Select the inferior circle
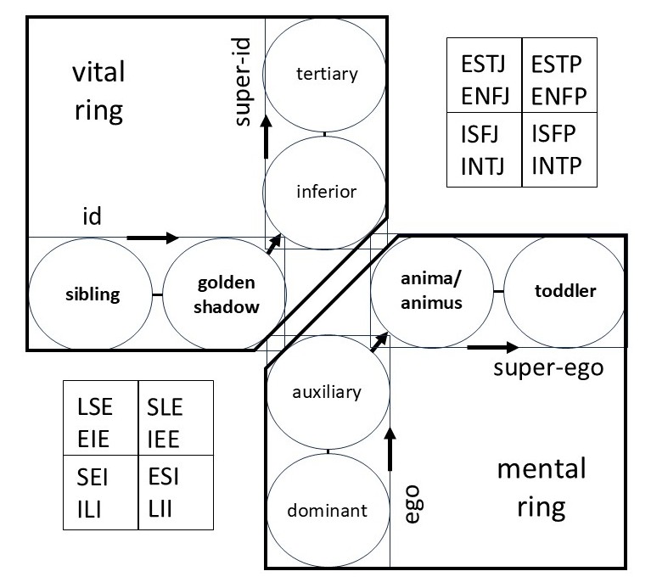[x=326, y=191]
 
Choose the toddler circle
[x=565, y=291]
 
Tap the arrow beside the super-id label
[x=267, y=134]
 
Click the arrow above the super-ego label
[x=492, y=347]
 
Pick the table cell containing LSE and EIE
[x=101, y=418]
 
